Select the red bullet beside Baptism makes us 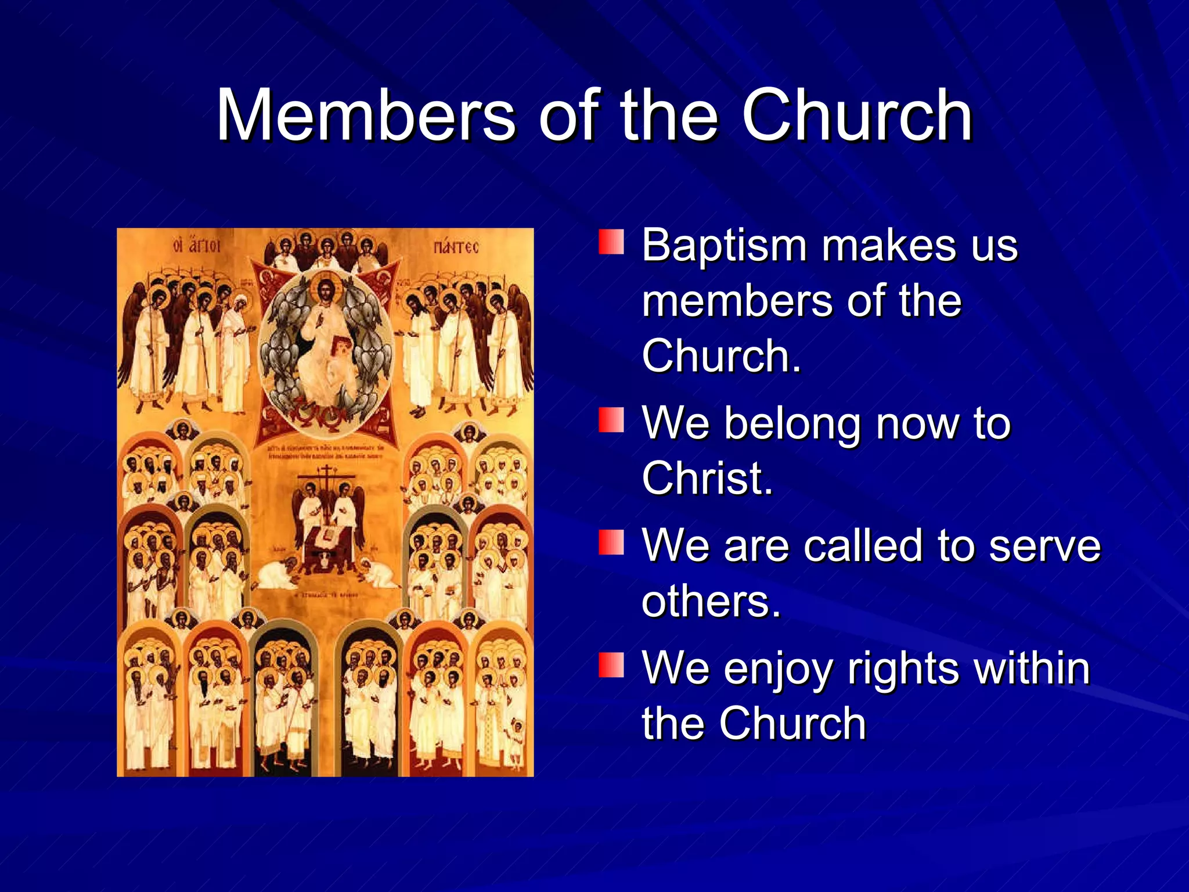coord(611,242)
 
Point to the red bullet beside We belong coord(611,420)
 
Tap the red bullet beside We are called coord(611,542)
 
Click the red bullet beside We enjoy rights coord(611,665)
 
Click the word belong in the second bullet coord(794,424)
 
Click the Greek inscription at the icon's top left coord(197,246)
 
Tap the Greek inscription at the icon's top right coord(456,248)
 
